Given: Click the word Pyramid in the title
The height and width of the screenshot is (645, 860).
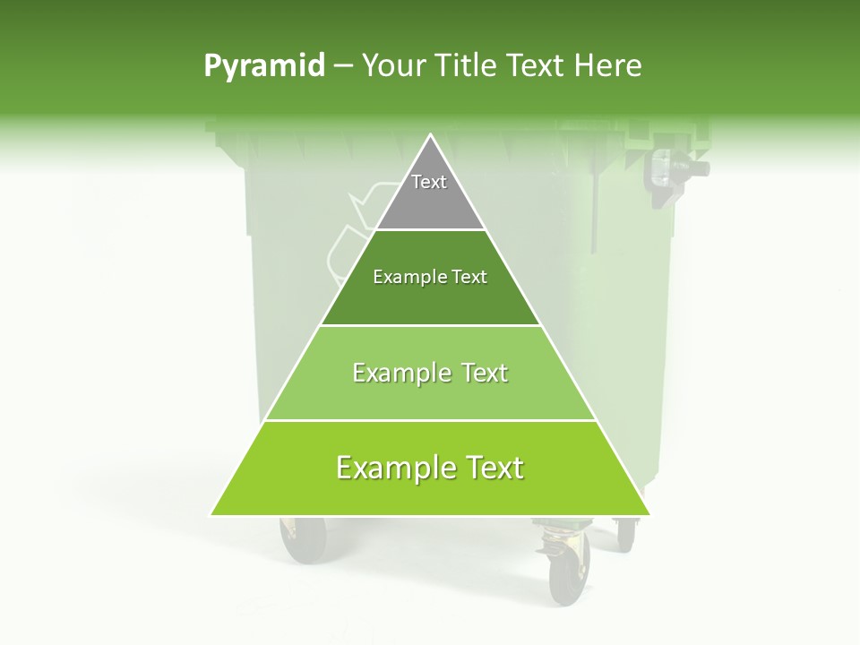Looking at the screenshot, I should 263,66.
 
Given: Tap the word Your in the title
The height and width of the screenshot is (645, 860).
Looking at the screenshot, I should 391,66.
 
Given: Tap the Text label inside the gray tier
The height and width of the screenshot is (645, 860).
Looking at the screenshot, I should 429,182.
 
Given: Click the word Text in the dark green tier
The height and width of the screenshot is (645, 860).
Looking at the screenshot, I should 469,278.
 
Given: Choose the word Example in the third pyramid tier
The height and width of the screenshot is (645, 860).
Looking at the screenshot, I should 400,374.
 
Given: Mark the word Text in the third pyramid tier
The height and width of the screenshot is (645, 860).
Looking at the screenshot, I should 485,374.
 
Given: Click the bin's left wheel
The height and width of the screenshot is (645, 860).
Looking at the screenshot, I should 302,540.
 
